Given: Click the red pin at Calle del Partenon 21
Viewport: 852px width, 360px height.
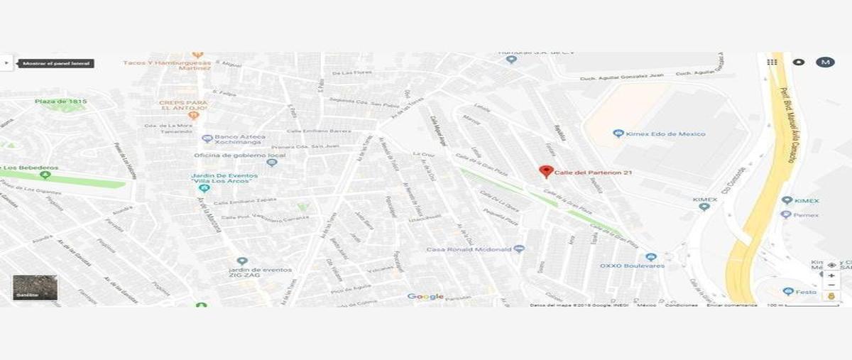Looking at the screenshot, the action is tap(546, 171).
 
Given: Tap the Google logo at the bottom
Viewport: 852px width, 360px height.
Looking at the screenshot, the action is tap(425, 297).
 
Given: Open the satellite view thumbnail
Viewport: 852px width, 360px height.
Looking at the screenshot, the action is tap(35, 287).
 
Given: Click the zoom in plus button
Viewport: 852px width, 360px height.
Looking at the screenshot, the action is tap(831, 276).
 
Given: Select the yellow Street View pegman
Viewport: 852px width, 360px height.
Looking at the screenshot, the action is tap(831, 294).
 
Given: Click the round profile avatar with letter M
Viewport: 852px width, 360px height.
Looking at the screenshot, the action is tap(824, 62).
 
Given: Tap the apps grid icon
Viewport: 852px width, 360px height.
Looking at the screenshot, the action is tap(772, 62).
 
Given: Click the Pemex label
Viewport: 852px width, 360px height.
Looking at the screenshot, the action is tap(805, 214).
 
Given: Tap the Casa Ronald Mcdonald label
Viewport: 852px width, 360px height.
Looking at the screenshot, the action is tap(469, 249).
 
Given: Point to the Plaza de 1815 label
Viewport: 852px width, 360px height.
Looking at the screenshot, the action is tap(61, 102).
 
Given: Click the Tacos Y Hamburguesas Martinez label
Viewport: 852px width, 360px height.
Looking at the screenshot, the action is tap(167, 65).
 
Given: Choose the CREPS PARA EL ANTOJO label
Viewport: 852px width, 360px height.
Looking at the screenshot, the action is tap(182, 106).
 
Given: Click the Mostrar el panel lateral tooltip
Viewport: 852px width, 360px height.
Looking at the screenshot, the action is tap(56, 63).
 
